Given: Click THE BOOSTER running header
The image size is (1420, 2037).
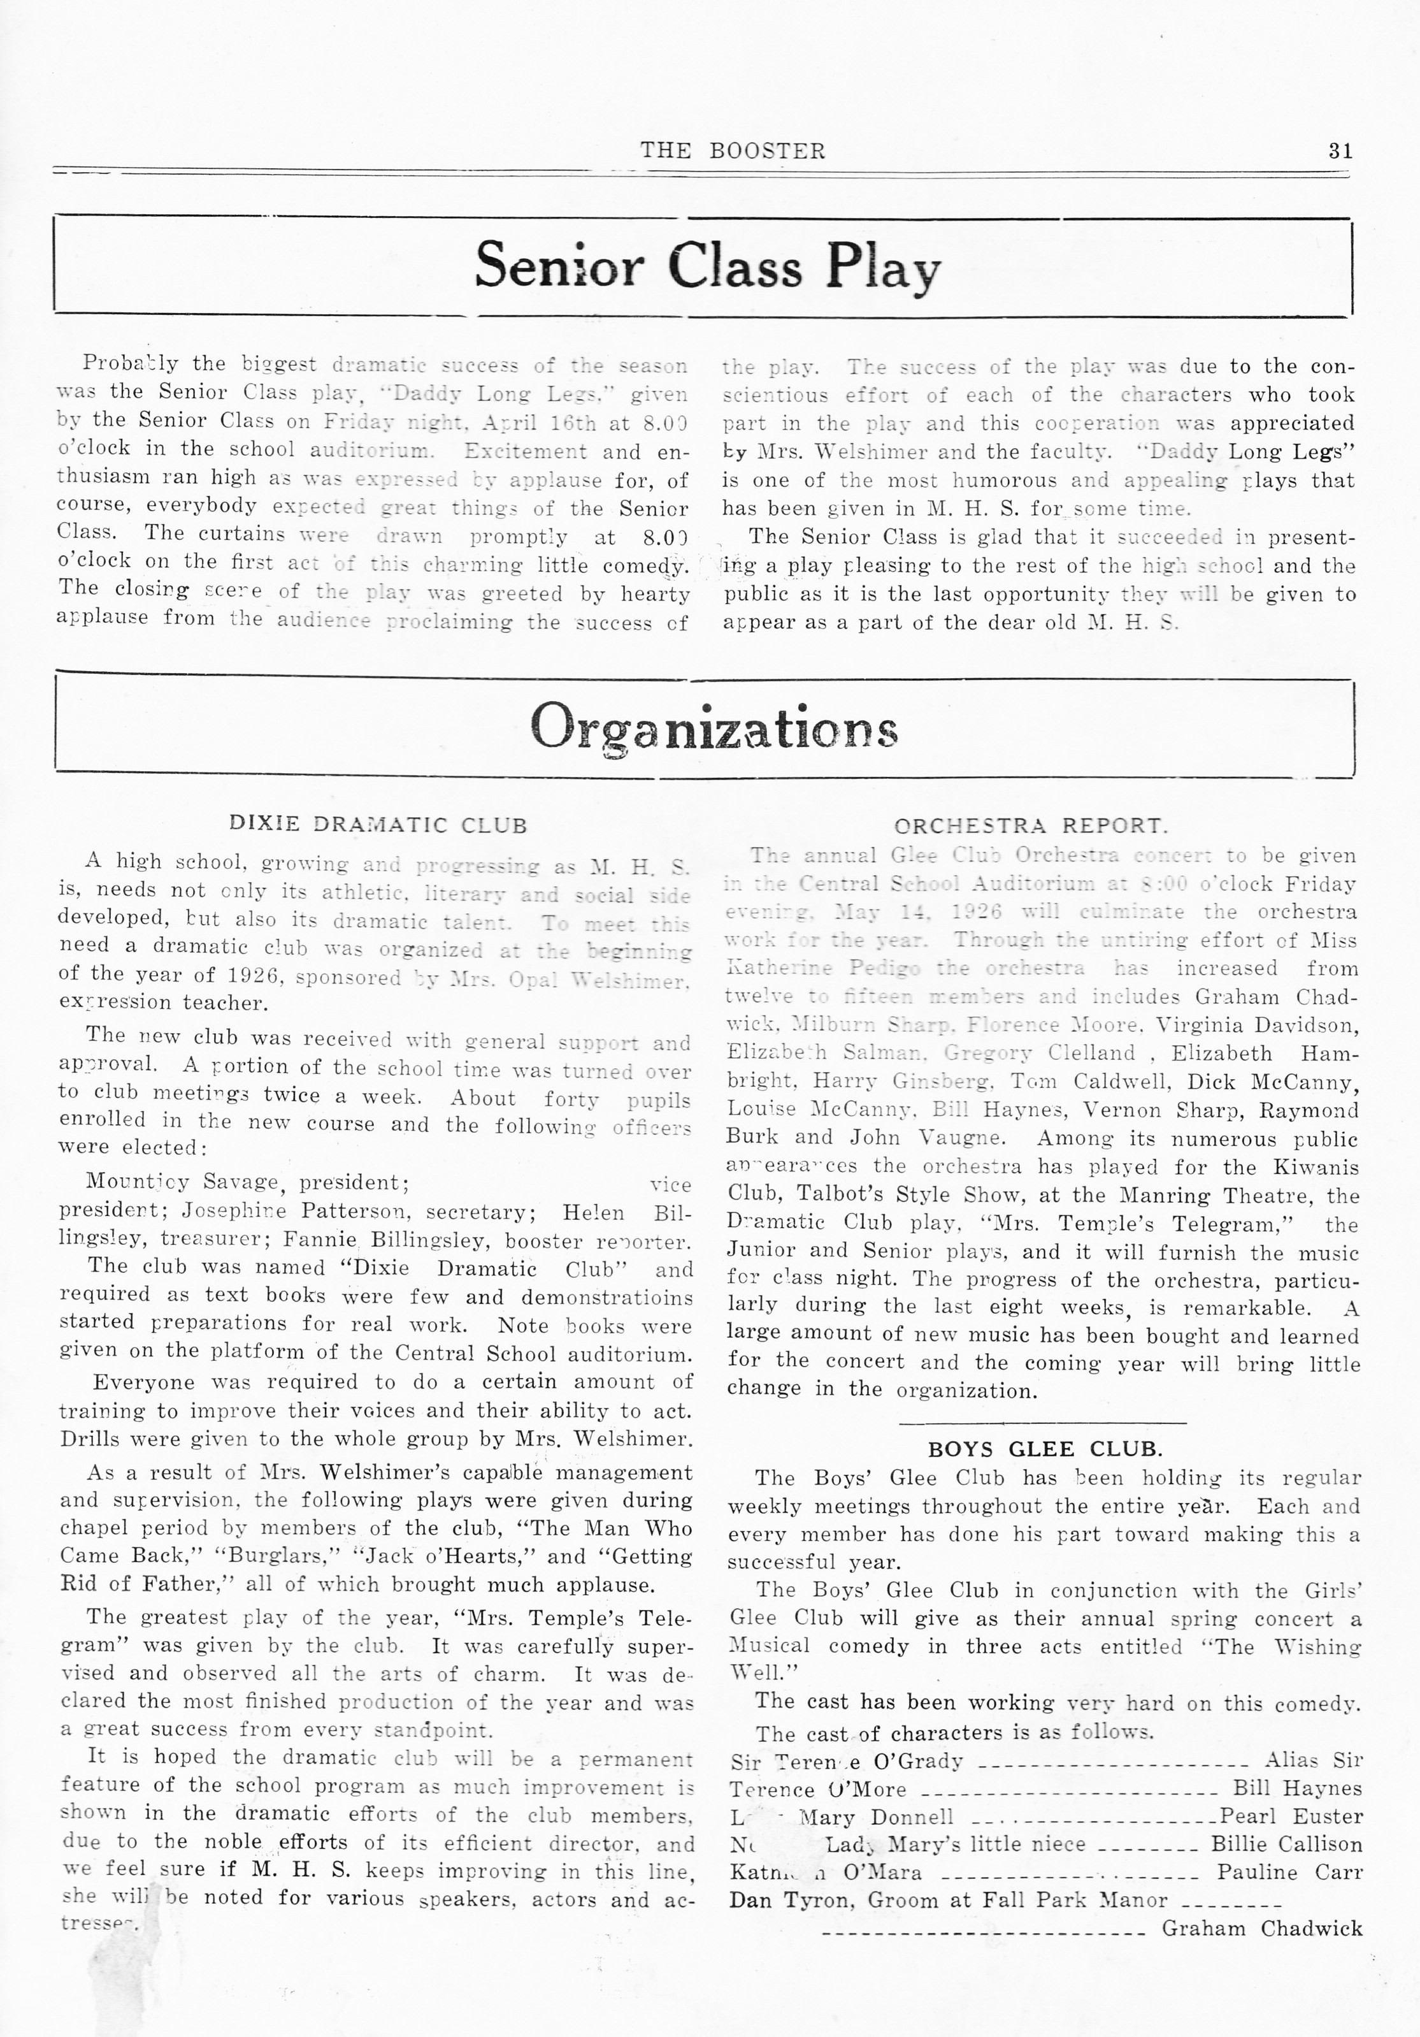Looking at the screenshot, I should coord(733,151).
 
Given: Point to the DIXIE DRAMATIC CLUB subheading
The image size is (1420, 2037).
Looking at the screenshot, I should coord(378,825).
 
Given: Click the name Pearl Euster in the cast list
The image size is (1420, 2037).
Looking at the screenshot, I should coord(1291,1792).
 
